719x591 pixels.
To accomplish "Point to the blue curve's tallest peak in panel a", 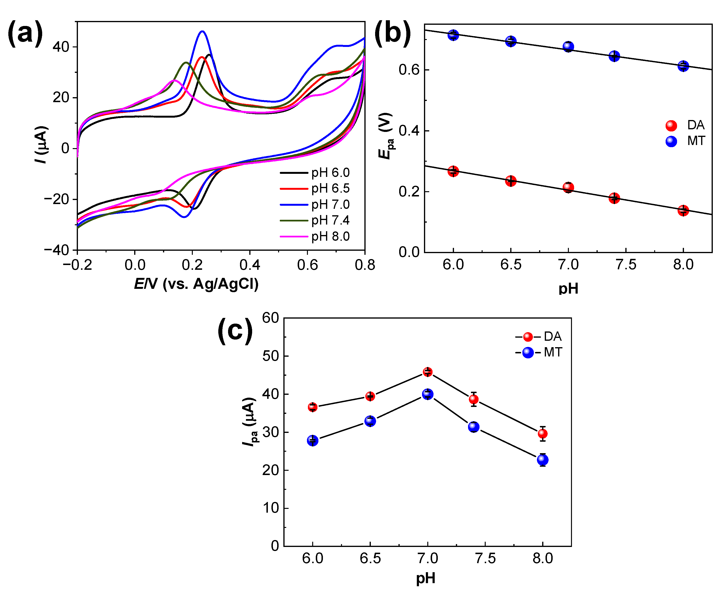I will [202, 31].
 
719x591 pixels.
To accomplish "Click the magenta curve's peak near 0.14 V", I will [174, 80].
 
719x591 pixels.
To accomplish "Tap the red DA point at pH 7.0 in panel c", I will [427, 372].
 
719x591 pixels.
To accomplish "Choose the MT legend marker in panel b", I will [671, 141].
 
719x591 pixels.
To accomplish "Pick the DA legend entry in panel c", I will [538, 337].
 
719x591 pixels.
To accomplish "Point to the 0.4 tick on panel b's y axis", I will [409, 131].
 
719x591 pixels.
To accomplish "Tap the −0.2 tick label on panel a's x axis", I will [77, 265].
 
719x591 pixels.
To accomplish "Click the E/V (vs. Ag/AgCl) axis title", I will [196, 284].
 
